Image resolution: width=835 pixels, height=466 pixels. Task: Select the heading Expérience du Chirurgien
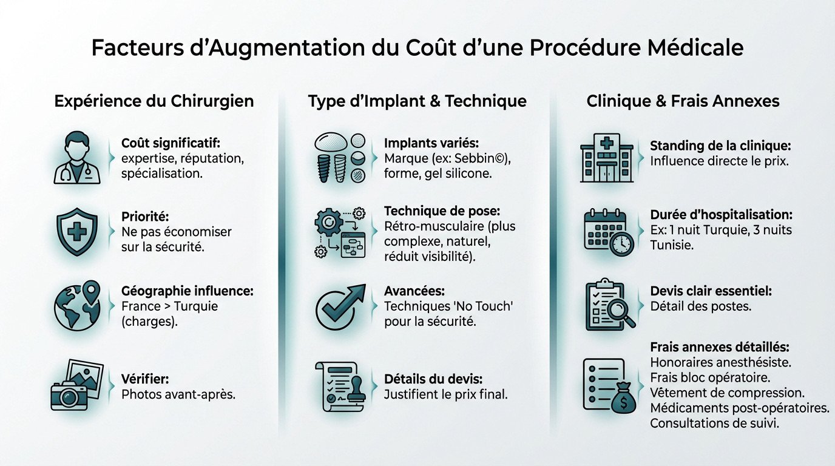[154, 101]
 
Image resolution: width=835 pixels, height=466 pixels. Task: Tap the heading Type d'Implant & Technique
[417, 101]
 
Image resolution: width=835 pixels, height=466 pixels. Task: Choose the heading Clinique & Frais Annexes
[683, 101]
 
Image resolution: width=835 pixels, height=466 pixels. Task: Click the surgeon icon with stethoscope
[77, 158]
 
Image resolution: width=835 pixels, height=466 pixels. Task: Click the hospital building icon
[608, 157]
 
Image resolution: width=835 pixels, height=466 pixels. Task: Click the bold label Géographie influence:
[188, 291]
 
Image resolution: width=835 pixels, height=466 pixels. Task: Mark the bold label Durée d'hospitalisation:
[722, 215]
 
